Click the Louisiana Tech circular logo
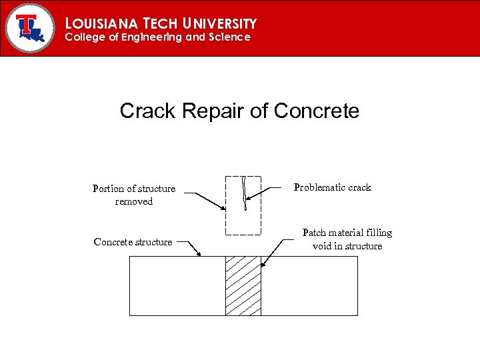[x=29, y=27]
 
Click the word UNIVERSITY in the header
[x=217, y=23]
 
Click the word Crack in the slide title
[x=148, y=111]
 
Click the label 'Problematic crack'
[x=332, y=187]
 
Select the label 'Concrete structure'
[x=133, y=242]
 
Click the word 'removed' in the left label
[x=134, y=201]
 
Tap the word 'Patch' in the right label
[x=315, y=233]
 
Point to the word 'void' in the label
[x=323, y=246]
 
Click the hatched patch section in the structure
[x=243, y=285]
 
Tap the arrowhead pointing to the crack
[x=248, y=199]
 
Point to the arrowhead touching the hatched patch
[x=262, y=265]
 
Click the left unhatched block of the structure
[x=177, y=285]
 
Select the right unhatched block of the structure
[x=309, y=285]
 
